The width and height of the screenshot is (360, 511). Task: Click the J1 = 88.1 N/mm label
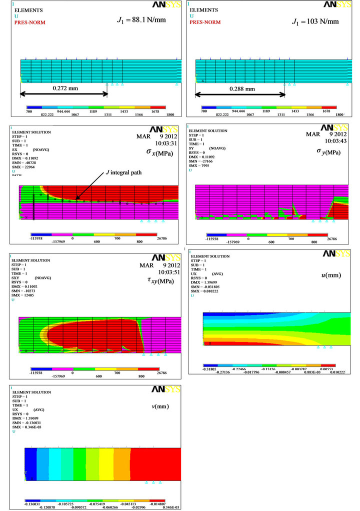tap(141, 20)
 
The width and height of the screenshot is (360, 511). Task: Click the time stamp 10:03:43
tap(333, 141)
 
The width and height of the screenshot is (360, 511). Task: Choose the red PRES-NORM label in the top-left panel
tap(26, 22)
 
